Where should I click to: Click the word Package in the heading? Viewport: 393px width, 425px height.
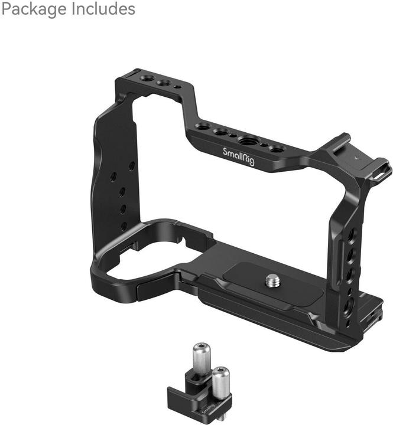coord(34,9)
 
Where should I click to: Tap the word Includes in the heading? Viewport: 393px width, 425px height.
coord(103,9)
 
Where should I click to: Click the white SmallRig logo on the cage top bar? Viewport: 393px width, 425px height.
coord(239,156)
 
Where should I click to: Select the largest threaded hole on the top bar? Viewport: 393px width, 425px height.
coord(245,140)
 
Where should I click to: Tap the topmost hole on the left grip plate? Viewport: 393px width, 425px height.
coord(132,166)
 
